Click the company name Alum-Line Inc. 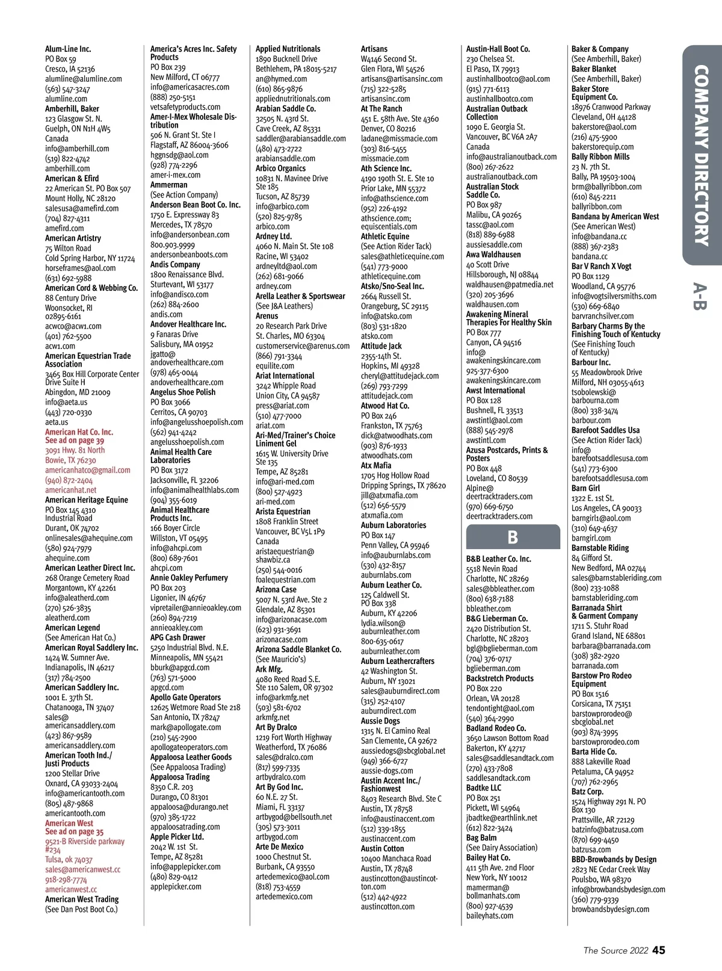point(68,49)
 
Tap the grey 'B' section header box point(513,538)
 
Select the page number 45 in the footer point(659,950)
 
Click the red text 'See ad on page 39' point(75,441)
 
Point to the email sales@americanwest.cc point(82,870)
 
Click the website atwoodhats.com point(386,456)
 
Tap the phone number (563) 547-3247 point(68,89)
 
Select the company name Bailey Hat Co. point(488,857)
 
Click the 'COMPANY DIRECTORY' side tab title point(702,157)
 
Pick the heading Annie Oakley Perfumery point(189,578)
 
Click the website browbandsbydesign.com point(610,909)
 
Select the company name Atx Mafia point(376,465)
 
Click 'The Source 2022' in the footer point(616,951)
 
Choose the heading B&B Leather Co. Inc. point(499,559)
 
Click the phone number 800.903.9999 point(173,245)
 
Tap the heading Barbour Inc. point(591,362)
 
